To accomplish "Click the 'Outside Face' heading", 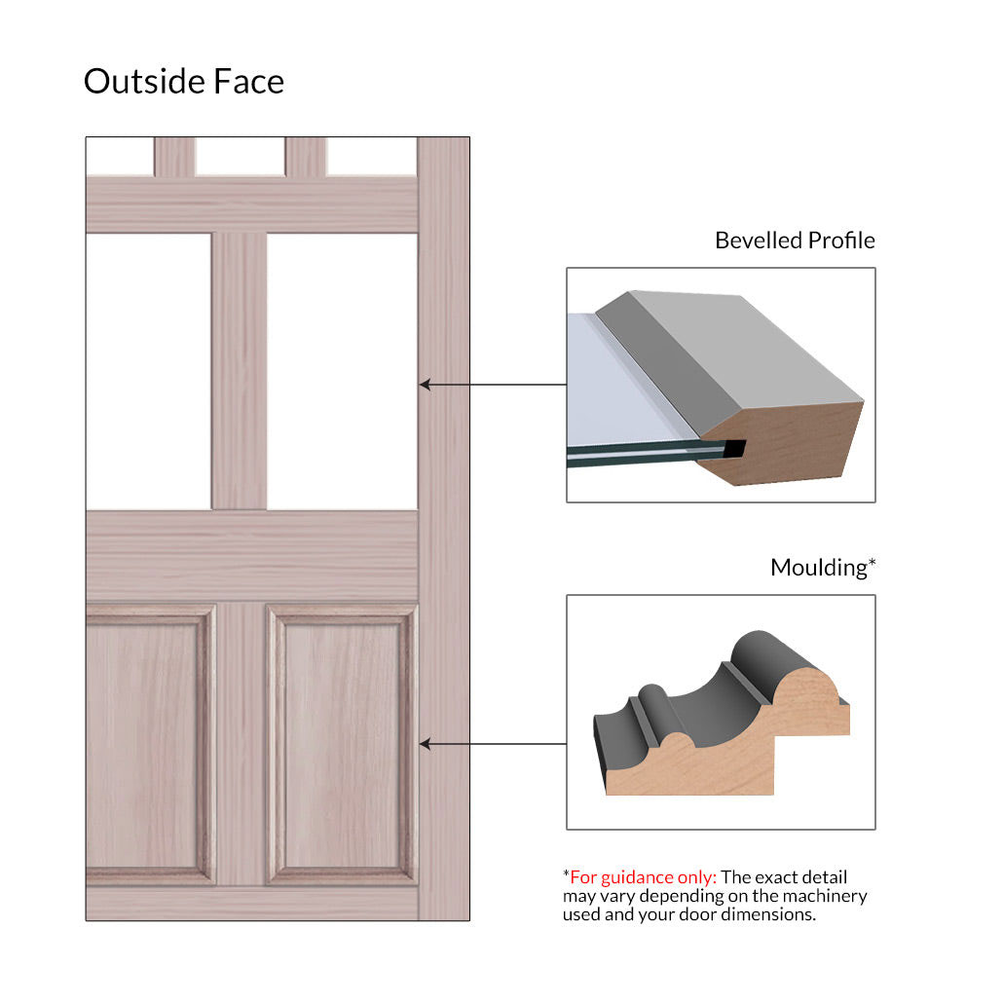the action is pos(184,81).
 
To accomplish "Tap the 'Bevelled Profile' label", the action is pos(795,241).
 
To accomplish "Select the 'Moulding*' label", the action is pos(823,568).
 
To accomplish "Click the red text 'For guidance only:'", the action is pos(643,877).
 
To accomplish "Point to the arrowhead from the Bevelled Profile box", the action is pos(425,385).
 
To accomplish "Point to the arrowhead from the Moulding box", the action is pos(425,744).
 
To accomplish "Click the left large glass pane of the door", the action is pos(148,372).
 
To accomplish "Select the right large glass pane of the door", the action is pos(342,372).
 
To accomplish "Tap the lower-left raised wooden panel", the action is pos(150,745).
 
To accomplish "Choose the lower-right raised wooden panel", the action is pos(342,745).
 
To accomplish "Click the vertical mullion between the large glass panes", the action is pos(240,372).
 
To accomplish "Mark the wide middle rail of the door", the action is pos(252,556).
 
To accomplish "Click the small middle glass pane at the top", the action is pos(240,156).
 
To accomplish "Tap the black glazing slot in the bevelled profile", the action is pos(735,448).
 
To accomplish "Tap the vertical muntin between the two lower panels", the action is pos(241,745).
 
